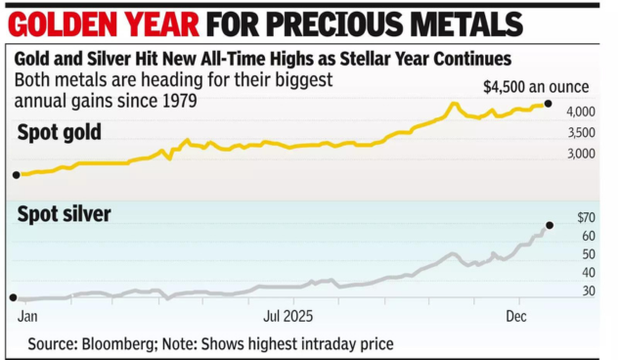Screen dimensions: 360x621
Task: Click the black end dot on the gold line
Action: (x=549, y=104)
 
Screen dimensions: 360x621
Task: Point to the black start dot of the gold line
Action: (x=15, y=175)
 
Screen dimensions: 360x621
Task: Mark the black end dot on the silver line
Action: (x=550, y=225)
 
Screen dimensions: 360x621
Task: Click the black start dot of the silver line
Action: (x=13, y=297)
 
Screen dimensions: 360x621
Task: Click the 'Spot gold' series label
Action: (x=60, y=132)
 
